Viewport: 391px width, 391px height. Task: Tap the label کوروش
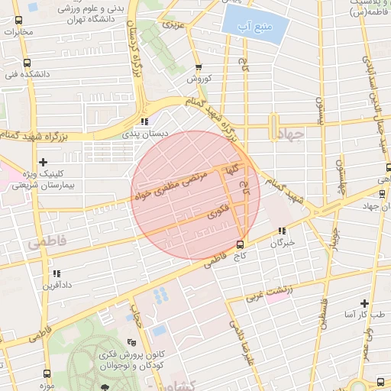[198, 79]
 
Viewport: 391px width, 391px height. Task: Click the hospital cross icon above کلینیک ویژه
[43, 161]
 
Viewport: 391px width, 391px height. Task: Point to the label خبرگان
[282, 243]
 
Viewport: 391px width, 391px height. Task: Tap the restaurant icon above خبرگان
[282, 230]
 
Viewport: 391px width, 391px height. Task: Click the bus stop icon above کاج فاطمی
[241, 244]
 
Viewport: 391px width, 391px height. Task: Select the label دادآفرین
[57, 285]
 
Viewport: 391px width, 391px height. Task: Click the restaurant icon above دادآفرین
[57, 272]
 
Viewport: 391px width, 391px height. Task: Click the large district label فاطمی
[47, 242]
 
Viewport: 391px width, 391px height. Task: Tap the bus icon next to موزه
[47, 374]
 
